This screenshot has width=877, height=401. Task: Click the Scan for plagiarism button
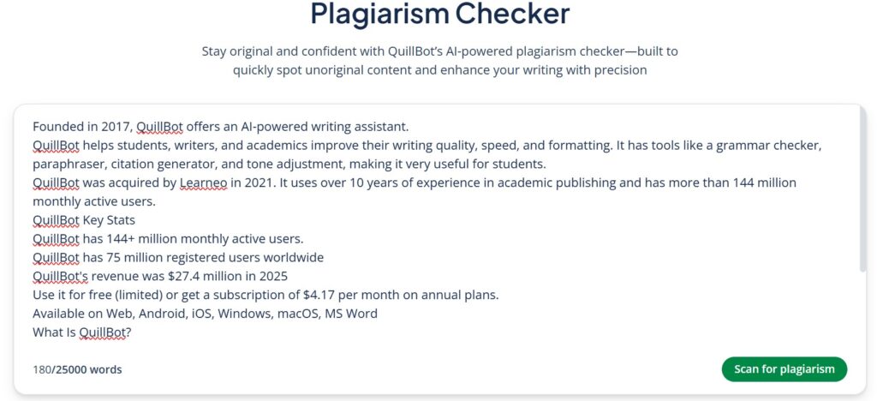pos(784,369)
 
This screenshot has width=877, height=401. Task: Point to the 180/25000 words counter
pos(77,369)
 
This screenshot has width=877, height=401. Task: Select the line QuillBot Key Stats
pos(84,220)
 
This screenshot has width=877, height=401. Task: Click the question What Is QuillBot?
pos(81,332)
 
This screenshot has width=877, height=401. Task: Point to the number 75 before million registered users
pos(114,257)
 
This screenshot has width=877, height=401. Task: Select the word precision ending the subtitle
pos(617,70)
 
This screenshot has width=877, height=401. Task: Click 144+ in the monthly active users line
pos(120,238)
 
